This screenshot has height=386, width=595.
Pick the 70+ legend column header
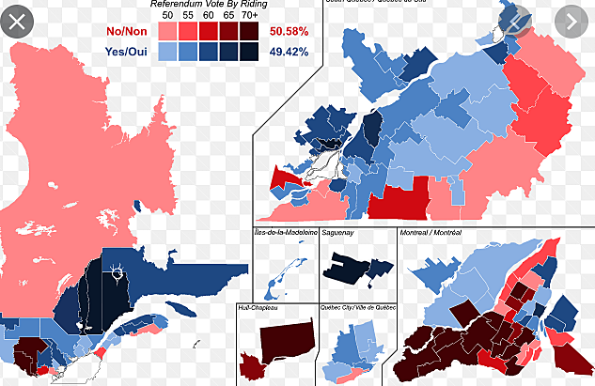click(x=249, y=16)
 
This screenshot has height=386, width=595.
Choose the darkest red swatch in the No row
click(x=249, y=31)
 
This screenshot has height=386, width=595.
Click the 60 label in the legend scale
click(x=208, y=16)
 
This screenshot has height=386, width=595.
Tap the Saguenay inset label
click(x=337, y=231)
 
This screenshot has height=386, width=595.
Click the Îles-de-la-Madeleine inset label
click(x=285, y=231)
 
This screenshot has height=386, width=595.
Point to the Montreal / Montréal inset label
click(x=431, y=231)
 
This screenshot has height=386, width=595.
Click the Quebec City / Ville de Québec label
click(x=360, y=307)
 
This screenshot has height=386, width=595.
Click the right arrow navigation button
click(x=573, y=20)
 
